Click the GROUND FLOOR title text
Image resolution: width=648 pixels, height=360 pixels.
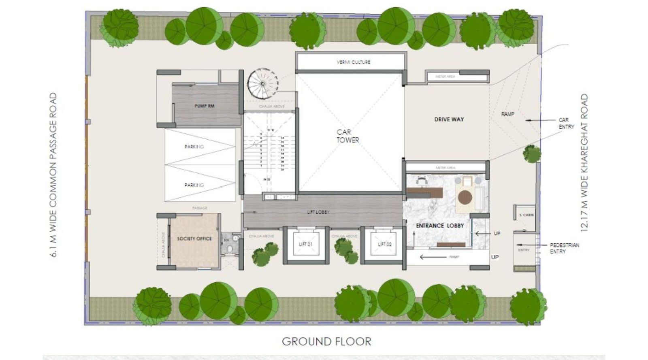click(326, 341)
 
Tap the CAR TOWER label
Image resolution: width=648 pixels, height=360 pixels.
click(347, 136)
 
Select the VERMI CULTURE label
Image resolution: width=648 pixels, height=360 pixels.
click(353, 62)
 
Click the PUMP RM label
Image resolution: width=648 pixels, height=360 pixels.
click(204, 106)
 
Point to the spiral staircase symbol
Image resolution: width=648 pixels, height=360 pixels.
click(263, 84)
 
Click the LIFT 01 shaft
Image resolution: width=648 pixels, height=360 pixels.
click(306, 244)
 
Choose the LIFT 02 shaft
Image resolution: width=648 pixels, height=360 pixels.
click(384, 244)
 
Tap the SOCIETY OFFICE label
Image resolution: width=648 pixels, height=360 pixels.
click(194, 239)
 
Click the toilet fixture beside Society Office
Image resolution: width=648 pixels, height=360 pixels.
click(230, 248)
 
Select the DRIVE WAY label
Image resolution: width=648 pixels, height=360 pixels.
click(449, 119)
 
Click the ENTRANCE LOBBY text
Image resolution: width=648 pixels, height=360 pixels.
click(440, 226)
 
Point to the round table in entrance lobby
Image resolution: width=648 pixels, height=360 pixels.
click(465, 197)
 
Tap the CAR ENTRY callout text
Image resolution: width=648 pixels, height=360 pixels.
click(566, 124)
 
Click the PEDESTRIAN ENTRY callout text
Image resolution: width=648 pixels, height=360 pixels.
click(564, 248)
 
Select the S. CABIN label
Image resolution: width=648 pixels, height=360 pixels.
click(526, 215)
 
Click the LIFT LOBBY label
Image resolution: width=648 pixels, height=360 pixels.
click(318, 212)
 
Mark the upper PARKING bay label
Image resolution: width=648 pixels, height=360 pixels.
click(194, 147)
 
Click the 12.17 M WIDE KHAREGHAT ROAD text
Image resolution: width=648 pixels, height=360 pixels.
click(584, 162)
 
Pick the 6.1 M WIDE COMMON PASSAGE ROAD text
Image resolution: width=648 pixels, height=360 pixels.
click(53, 175)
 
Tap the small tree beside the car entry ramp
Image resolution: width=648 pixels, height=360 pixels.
click(531, 154)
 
